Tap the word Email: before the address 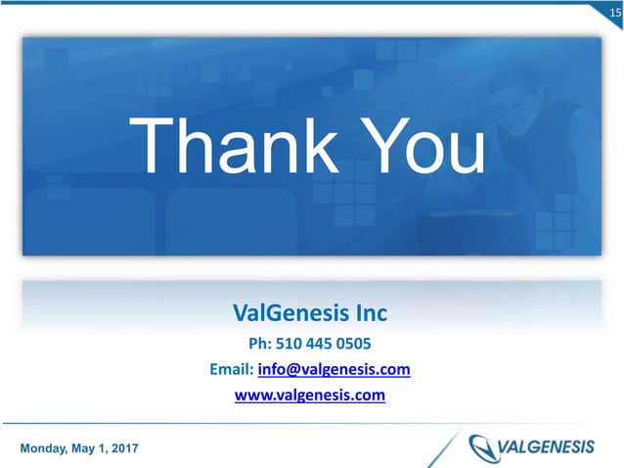point(231,370)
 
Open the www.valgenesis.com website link point(311,396)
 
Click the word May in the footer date point(79,447)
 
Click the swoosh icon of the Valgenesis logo point(482,447)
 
